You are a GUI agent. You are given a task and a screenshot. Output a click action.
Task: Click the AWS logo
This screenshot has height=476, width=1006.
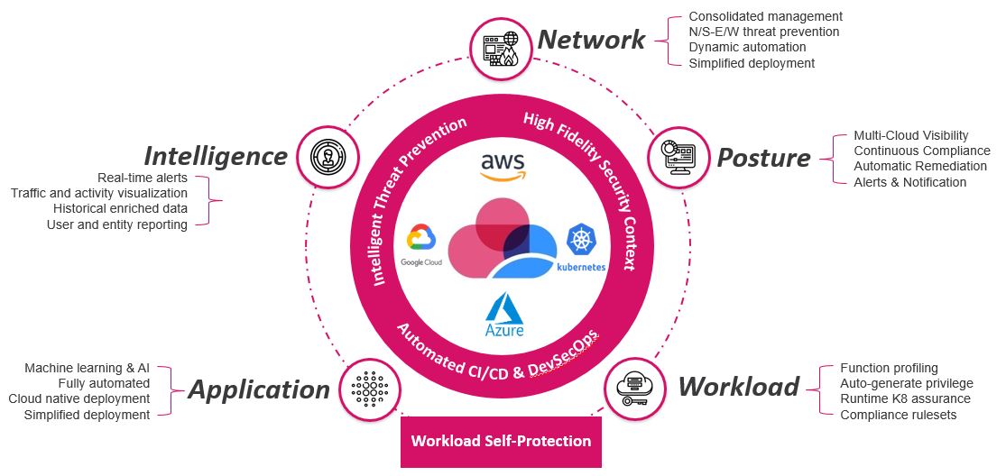503,167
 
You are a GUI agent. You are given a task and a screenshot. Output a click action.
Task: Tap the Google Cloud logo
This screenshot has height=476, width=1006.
421,244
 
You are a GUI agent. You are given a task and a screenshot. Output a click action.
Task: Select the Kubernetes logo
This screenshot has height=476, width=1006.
581,248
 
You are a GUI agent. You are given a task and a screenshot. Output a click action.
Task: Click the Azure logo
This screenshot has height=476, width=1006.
504,315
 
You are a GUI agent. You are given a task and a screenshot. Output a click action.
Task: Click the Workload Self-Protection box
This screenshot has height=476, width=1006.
501,442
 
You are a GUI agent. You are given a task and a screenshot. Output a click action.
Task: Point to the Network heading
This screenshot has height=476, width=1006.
591,40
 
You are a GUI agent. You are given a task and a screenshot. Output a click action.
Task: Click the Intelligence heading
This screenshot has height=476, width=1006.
216,156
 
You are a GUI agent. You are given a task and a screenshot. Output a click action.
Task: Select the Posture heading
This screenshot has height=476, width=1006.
763,158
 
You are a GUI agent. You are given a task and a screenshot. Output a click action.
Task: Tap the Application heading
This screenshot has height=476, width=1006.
259,389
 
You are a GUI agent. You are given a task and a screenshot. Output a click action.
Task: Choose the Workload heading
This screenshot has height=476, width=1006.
738,387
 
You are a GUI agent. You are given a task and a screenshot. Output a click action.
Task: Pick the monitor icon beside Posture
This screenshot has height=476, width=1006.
678,158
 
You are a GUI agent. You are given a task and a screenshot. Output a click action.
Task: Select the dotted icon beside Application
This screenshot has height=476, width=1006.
370,389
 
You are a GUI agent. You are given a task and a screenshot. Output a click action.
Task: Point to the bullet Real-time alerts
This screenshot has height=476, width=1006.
143,177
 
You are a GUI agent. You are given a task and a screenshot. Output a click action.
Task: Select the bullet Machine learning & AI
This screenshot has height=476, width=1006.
87,368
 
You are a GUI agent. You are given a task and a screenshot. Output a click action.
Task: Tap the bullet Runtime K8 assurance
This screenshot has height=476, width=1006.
905,398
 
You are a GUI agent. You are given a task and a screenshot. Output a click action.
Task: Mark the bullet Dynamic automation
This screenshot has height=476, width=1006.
747,47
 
